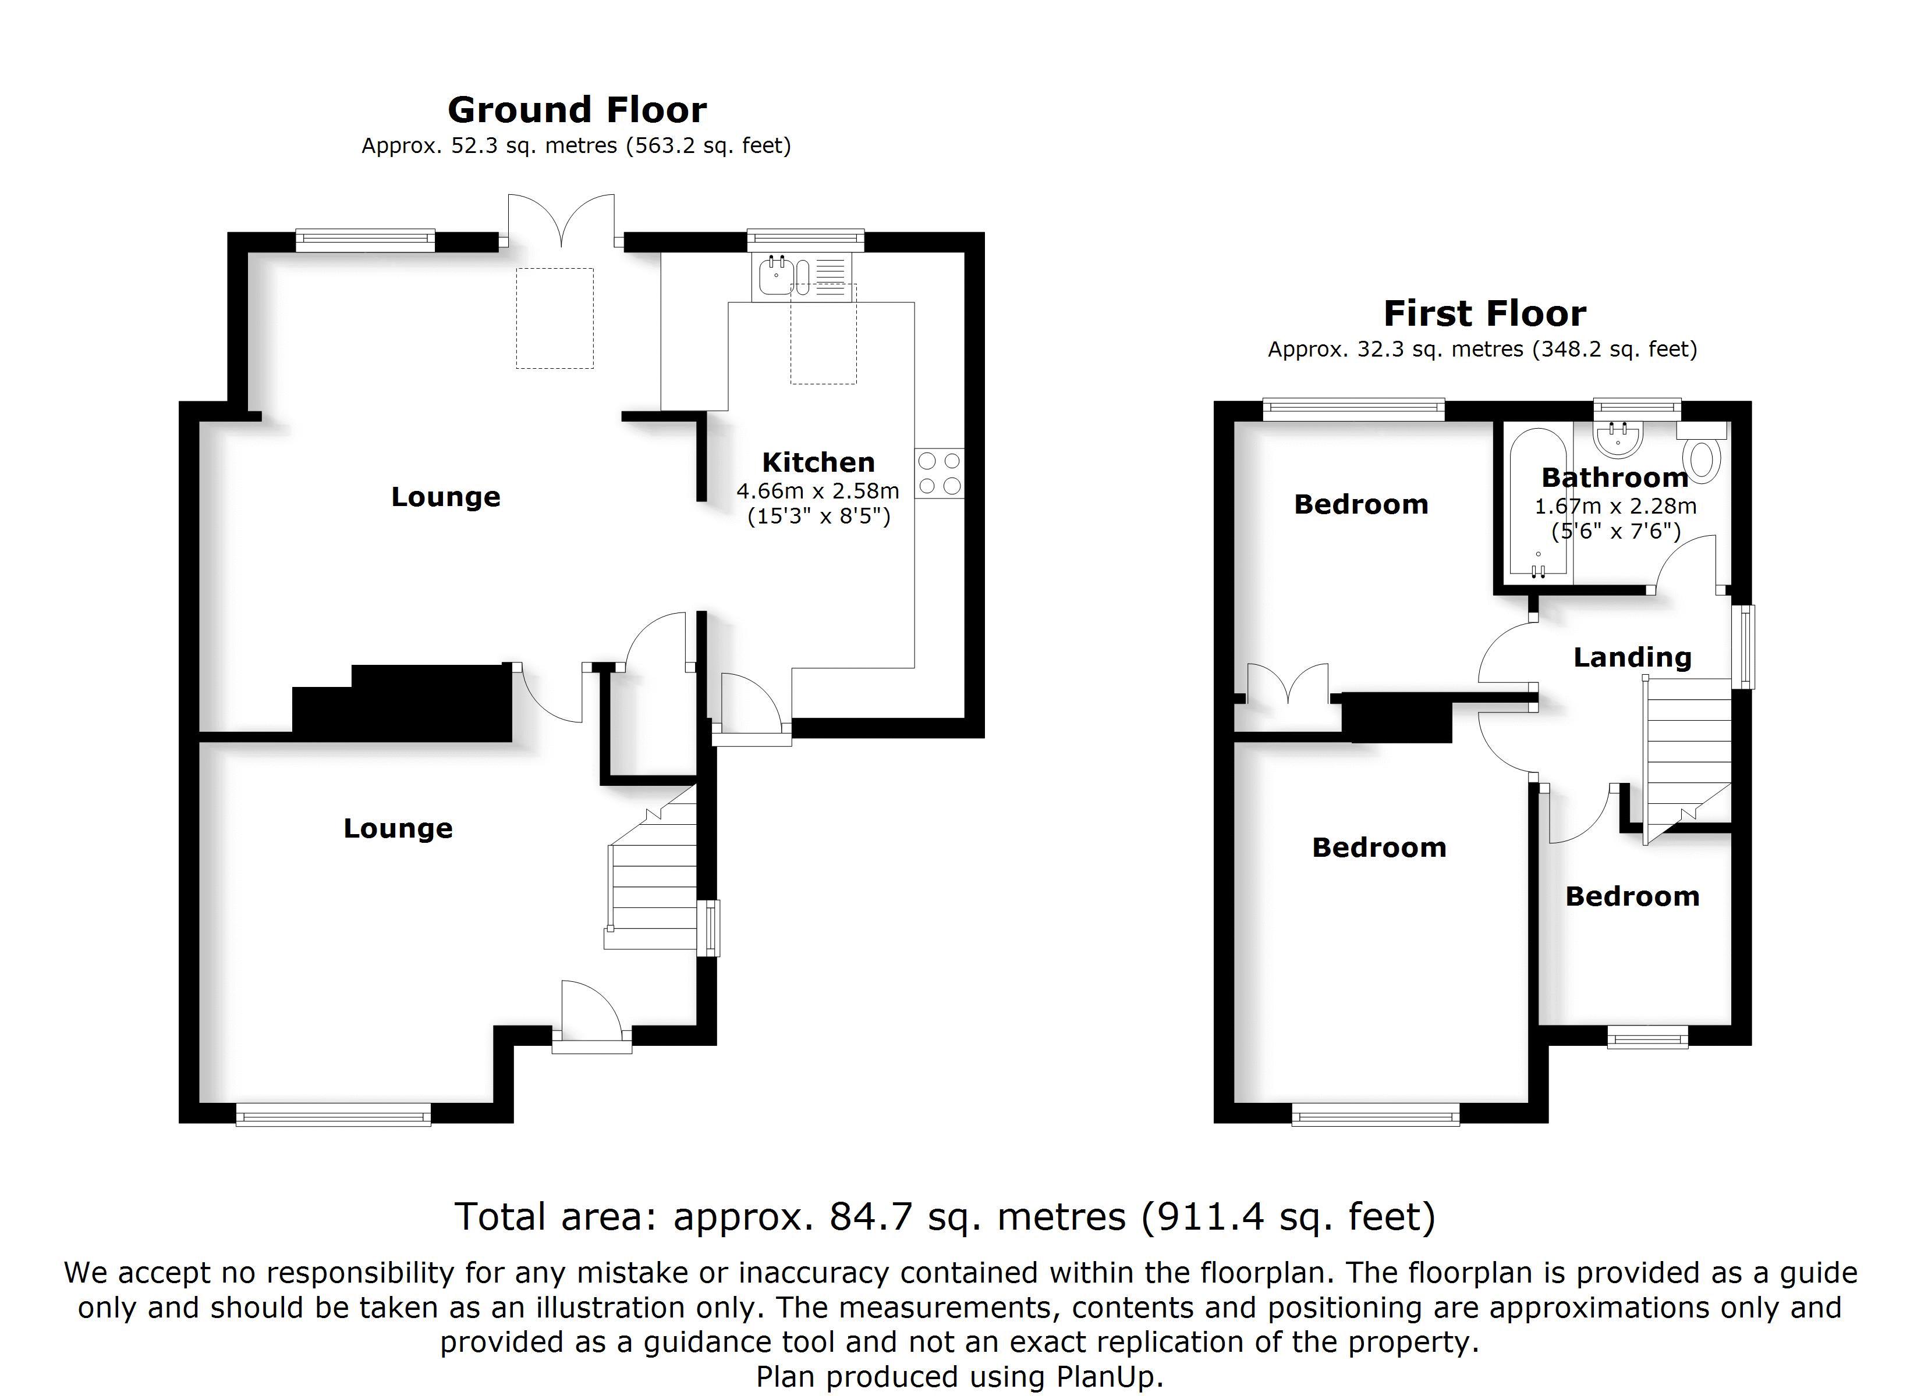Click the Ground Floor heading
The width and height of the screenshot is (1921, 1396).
(577, 110)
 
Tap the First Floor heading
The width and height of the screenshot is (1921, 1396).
(1484, 314)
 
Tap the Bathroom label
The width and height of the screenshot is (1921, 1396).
(1614, 478)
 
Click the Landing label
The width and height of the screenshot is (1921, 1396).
(1632, 657)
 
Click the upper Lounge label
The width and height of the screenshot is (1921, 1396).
(445, 496)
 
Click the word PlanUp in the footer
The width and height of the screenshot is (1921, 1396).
(1110, 1377)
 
